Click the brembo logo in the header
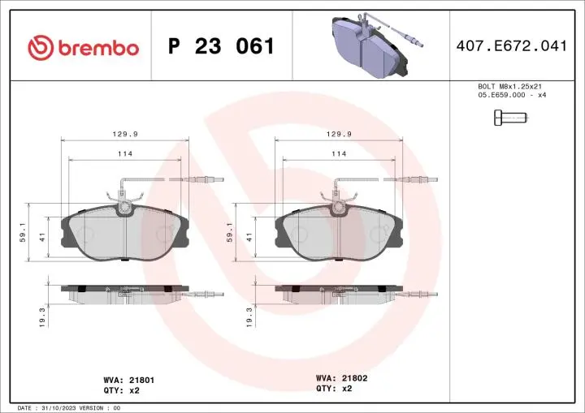click(83, 47)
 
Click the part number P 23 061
click(221, 47)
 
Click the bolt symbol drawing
click(510, 118)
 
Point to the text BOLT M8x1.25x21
click(510, 86)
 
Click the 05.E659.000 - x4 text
click(510, 95)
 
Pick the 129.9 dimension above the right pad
click(338, 136)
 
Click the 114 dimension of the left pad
click(124, 153)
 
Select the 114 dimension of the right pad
click(338, 153)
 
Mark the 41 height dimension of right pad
click(249, 236)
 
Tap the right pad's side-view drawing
click(339, 292)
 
